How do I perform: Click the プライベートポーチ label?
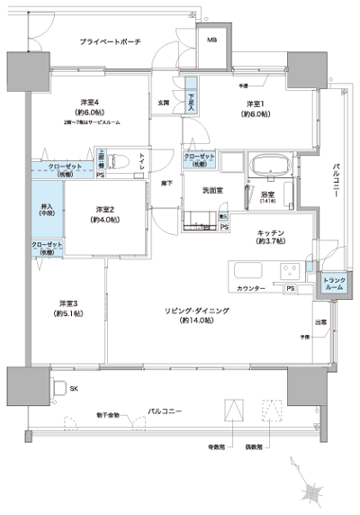[x=109, y=42]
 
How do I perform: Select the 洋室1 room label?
[x=256, y=109]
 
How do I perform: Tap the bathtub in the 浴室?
[x=268, y=167]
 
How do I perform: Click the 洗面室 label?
[x=212, y=190]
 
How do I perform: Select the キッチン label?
[x=269, y=236]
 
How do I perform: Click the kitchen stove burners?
[x=290, y=270]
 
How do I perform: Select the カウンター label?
[x=251, y=288]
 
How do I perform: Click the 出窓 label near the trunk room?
[x=320, y=322]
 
